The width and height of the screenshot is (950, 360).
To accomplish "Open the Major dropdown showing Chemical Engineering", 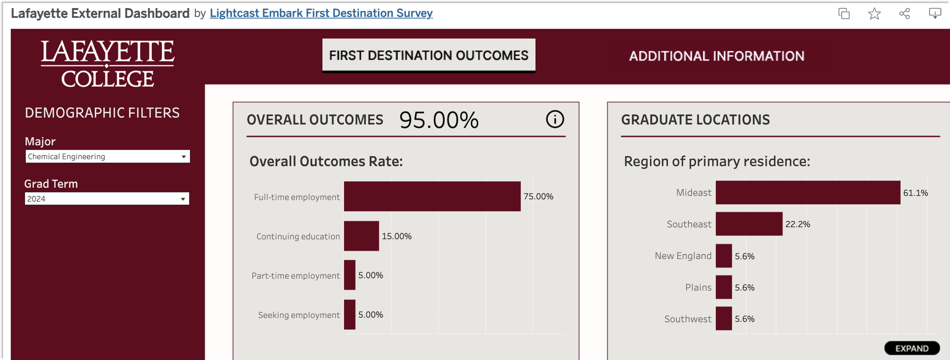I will click(107, 156).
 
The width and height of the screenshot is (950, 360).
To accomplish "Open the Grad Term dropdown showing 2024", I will click(107, 199).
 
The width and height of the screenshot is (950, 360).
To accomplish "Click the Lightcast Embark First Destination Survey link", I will click(321, 13).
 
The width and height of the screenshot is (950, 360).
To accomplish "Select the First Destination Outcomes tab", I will click(428, 56).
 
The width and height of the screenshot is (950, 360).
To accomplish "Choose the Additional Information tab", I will click(717, 56).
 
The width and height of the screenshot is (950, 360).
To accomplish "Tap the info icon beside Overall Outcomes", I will click(555, 119).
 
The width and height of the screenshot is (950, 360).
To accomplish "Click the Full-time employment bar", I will click(432, 197).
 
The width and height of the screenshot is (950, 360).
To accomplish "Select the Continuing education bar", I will click(361, 236).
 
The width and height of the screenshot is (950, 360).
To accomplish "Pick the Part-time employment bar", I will click(349, 275).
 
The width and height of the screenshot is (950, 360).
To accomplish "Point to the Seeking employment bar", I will click(349, 315).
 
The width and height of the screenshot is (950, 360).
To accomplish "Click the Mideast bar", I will click(808, 193).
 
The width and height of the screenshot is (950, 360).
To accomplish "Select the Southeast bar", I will click(749, 224).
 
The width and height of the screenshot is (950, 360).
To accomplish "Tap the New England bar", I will click(723, 256).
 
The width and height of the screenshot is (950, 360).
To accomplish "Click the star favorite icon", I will click(874, 14).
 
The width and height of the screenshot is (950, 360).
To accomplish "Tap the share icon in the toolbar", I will click(905, 14).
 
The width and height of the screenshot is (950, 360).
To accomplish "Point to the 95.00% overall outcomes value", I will click(439, 120).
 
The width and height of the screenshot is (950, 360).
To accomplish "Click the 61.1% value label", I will click(915, 193).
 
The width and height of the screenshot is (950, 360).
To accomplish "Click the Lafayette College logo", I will click(107, 64).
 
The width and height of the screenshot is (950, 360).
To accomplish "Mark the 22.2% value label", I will click(797, 224).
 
